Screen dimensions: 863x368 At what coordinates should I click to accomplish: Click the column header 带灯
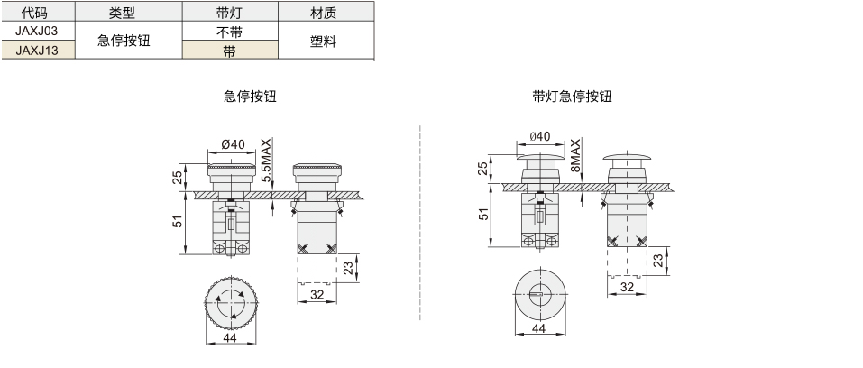(x=230, y=12)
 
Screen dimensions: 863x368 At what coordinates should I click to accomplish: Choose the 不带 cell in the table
(x=230, y=32)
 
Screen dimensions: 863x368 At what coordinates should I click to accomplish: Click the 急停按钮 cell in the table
(x=124, y=41)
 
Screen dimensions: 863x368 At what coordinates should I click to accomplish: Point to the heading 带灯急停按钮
(x=573, y=97)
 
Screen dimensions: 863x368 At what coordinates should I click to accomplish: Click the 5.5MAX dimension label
(x=266, y=161)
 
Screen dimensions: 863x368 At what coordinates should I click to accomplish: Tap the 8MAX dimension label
(x=575, y=156)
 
